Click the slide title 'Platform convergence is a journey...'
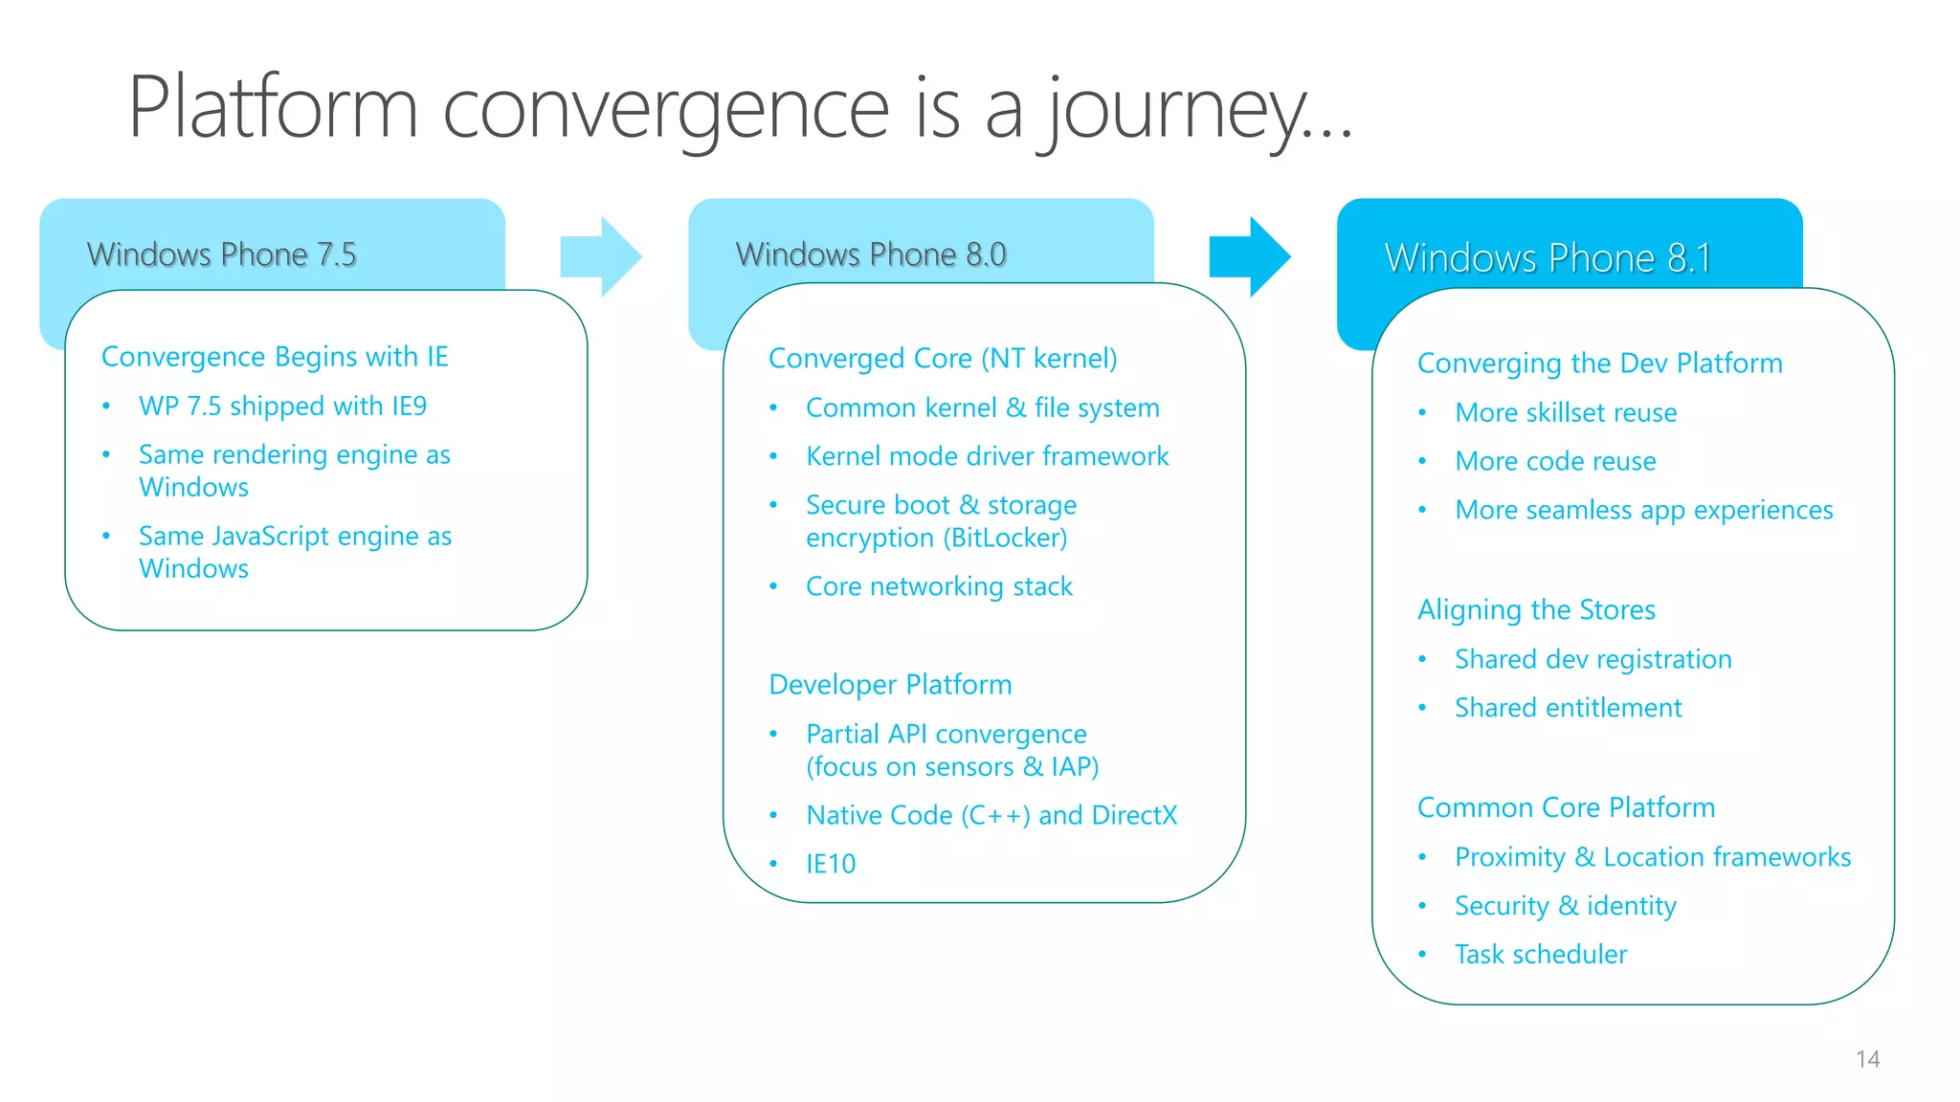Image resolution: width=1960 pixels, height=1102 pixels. [740, 108]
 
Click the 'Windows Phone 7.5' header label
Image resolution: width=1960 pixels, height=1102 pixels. [221, 254]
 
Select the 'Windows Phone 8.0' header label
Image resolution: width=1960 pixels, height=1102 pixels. [870, 254]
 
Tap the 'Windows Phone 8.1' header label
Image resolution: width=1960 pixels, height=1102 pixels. [1548, 258]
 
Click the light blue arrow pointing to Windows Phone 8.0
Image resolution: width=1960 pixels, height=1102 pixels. [601, 256]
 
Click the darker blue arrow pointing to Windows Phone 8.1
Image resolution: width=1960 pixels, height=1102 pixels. [1250, 256]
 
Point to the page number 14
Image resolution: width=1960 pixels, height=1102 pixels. [1867, 1059]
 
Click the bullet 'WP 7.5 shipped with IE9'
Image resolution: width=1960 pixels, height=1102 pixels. [282, 407]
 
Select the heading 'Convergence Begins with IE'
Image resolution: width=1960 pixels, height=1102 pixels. [275, 357]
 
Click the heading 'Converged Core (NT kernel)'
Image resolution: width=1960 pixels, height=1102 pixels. [943, 359]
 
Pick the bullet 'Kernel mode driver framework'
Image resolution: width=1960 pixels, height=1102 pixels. [987, 456]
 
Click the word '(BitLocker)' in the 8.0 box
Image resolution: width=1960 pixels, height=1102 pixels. [1005, 538]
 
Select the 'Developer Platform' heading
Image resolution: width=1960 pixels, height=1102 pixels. [890, 685]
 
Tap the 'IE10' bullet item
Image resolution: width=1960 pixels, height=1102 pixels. [831, 864]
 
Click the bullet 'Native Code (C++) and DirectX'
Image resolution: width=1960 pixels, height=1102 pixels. [991, 815]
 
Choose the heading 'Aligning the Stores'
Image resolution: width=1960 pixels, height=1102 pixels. [1536, 610]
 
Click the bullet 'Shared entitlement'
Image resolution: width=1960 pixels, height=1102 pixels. [1568, 708]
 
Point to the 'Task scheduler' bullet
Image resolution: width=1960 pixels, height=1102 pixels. [1541, 955]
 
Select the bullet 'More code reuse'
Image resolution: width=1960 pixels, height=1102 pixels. [1555, 461]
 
